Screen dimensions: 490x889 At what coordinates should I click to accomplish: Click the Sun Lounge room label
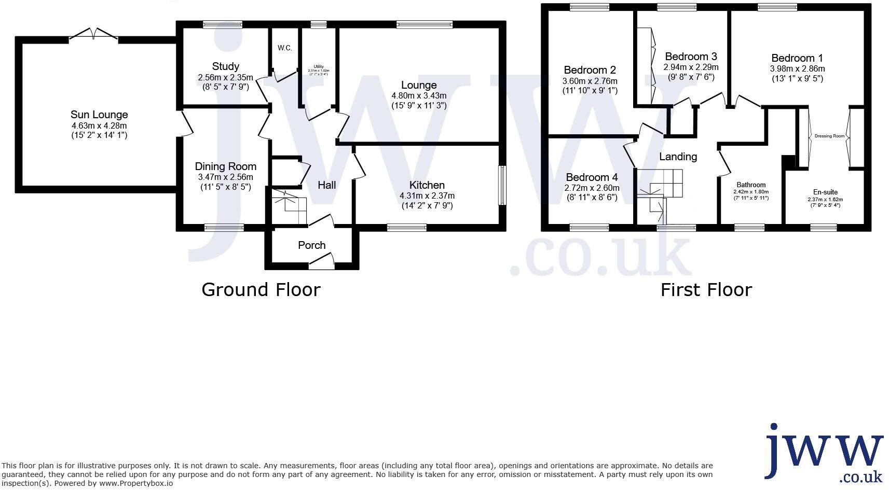pos(99,115)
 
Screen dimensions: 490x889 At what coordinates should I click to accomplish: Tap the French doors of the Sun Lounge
pos(94,35)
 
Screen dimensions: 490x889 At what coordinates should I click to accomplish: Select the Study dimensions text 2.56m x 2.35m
pos(225,78)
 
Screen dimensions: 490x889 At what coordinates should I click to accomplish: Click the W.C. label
pos(284,48)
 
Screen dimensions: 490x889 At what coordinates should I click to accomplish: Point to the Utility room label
pos(319,66)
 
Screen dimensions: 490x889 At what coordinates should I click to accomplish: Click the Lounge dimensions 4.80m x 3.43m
pos(419,96)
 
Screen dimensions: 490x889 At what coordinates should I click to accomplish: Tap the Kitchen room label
pos(427,185)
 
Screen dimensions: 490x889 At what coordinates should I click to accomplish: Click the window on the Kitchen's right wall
pos(502,185)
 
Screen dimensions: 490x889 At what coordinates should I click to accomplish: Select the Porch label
pos(311,245)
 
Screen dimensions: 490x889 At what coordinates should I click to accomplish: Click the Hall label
pos(326,185)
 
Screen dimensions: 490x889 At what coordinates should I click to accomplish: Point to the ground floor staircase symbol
pos(289,207)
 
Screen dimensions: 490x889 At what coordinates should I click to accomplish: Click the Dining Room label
pos(225,166)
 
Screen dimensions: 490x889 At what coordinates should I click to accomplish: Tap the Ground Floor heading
pos(261,289)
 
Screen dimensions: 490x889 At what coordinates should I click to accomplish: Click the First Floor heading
pos(706,289)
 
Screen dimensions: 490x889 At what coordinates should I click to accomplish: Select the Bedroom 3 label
pos(691,57)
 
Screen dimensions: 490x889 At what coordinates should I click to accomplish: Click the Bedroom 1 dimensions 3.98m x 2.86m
pos(797,68)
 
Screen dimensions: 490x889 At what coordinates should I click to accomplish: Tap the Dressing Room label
pos(829,136)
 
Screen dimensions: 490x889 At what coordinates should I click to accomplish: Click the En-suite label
pos(825,192)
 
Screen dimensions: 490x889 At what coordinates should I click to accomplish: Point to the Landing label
pos(678,157)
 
